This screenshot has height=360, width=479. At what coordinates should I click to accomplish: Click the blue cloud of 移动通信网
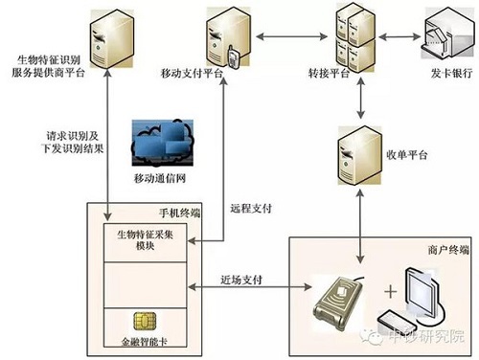164,142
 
